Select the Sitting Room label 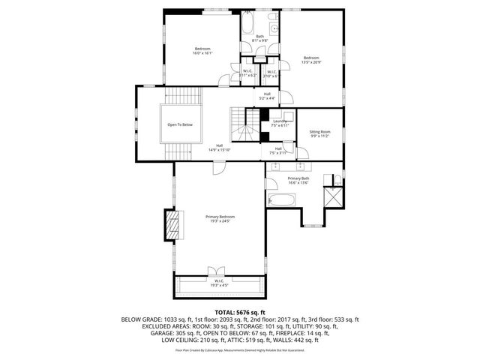pyautogui.click(x=320, y=134)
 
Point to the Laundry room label pyautogui.click(x=280, y=122)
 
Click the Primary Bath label pyautogui.click(x=298, y=180)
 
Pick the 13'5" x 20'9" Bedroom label pyautogui.click(x=311, y=60)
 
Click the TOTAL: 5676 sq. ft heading pyautogui.click(x=240, y=311)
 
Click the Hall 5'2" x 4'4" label pyautogui.click(x=267, y=96)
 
